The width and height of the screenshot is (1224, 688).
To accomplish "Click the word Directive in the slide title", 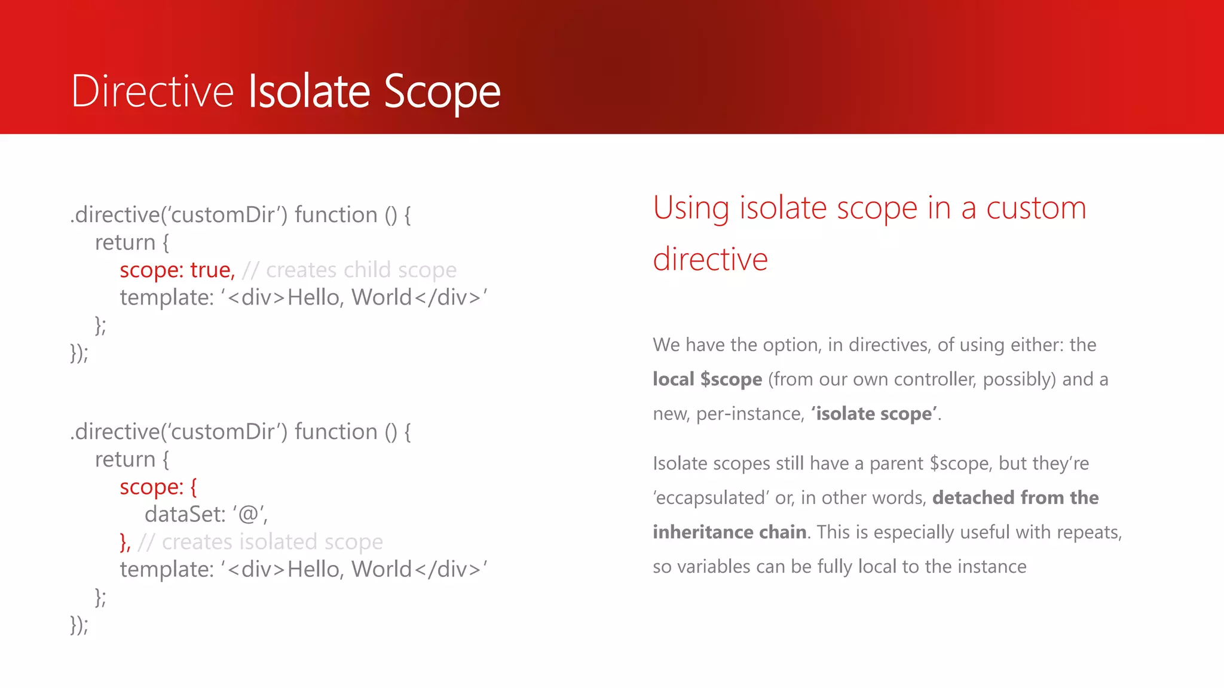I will click(x=152, y=91).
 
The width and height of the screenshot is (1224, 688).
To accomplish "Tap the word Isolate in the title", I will click(x=309, y=91).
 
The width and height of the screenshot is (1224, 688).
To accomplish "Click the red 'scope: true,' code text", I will click(x=177, y=270).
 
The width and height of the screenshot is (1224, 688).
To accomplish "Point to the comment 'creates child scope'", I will click(x=361, y=270).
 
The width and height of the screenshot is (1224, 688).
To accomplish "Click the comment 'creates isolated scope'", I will click(x=272, y=542).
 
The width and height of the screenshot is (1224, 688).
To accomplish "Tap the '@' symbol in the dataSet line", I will click(x=248, y=514).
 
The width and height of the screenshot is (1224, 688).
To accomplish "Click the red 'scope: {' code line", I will click(x=158, y=487).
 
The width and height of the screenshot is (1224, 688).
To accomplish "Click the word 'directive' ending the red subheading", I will click(x=710, y=260).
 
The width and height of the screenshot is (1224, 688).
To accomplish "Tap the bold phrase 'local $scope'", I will click(x=707, y=379).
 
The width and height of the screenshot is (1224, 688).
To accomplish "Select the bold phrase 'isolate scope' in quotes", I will click(x=873, y=414).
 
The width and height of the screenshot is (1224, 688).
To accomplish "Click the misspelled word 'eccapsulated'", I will click(x=711, y=498).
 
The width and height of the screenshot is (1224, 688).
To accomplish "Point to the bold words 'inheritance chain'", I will click(x=729, y=532).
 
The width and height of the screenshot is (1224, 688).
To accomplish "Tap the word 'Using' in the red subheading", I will click(x=691, y=208).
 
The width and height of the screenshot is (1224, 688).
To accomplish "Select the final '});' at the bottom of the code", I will click(x=79, y=625).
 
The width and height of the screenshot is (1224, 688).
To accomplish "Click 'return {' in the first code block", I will click(x=131, y=242).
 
